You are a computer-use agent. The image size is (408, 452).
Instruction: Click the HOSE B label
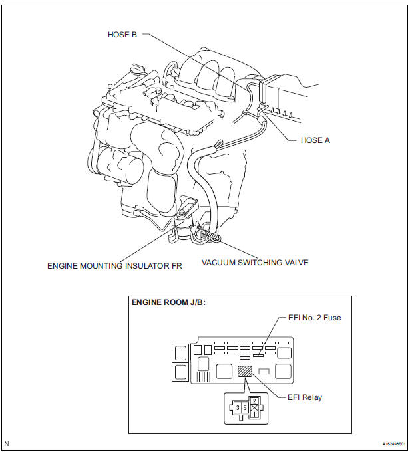coord(122,35)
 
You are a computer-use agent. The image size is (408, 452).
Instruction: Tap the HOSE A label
coord(315,140)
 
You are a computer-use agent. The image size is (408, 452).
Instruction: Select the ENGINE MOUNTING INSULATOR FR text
coord(114,265)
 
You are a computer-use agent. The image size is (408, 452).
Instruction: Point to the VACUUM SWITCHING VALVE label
coord(255,263)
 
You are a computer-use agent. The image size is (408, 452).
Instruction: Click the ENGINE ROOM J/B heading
coord(168,302)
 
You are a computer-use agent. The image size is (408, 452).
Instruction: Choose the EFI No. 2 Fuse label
coord(315,318)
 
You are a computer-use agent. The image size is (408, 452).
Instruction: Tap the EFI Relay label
coord(305,397)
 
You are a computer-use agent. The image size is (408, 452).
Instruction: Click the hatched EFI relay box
coord(245,371)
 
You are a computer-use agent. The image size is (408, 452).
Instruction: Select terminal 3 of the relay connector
coord(238,408)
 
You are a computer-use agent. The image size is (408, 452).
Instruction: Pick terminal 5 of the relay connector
coord(245,408)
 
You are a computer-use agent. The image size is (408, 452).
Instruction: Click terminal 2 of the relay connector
coord(254,401)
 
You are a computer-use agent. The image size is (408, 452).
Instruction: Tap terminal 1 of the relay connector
coord(254,415)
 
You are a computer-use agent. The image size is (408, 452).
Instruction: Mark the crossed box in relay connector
coord(254,408)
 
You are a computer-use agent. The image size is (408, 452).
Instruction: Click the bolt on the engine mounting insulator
coord(182,213)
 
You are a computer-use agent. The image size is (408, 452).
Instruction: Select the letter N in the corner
coord(7,443)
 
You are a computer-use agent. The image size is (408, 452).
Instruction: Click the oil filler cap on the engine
coord(138,70)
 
